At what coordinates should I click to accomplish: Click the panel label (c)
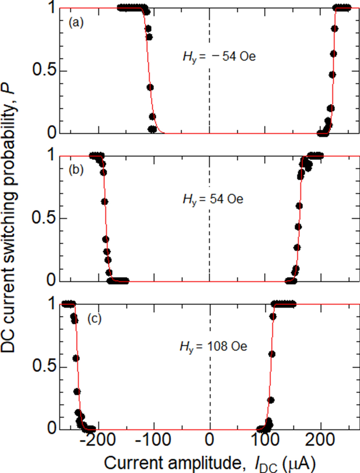point(94,319)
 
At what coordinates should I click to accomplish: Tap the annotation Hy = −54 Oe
point(219,57)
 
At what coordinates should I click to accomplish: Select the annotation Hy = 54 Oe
point(213,199)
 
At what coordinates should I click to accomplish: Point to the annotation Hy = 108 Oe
point(213,347)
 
